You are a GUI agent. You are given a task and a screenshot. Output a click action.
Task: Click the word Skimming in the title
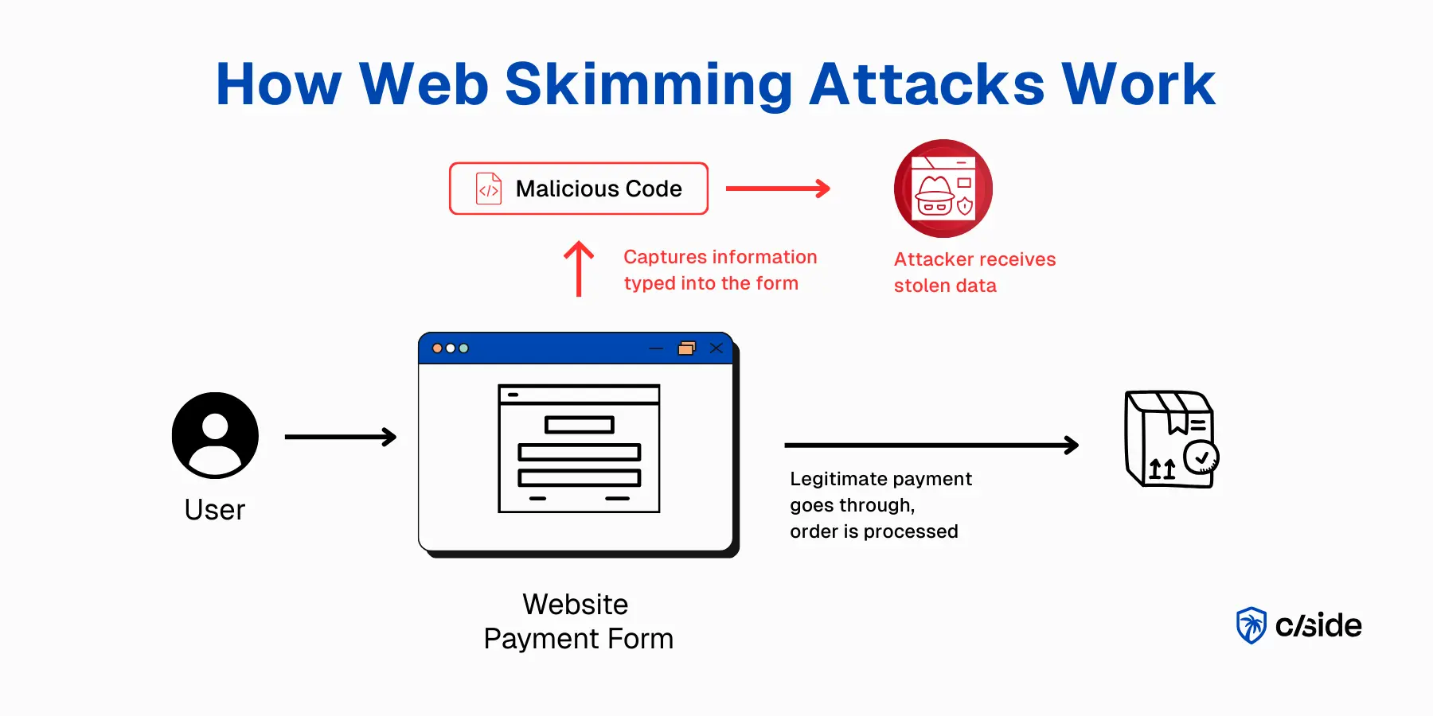click(648, 84)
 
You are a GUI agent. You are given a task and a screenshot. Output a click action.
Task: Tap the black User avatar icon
click(215, 435)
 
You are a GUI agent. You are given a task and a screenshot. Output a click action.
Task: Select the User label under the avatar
click(215, 510)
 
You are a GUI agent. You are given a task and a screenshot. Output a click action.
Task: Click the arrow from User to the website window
click(341, 437)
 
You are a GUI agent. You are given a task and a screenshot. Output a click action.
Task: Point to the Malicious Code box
click(579, 189)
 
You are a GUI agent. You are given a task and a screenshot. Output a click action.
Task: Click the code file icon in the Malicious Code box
click(489, 189)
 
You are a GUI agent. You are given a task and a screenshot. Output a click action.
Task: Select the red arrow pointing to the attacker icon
click(778, 189)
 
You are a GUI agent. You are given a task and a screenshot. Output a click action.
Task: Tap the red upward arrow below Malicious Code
click(579, 269)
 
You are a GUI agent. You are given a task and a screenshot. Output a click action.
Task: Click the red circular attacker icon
click(943, 189)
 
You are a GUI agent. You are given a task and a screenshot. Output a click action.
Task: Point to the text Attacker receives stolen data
click(974, 272)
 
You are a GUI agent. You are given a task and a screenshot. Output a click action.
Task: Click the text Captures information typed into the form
click(720, 270)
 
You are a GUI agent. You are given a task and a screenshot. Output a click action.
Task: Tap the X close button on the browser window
click(716, 348)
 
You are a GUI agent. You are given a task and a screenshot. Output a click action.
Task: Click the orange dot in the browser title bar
click(437, 348)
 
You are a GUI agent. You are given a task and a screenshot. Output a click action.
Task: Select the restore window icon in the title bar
click(686, 348)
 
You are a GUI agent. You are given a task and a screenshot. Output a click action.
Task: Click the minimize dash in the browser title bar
click(656, 348)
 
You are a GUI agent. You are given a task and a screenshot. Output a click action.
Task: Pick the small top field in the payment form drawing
click(580, 425)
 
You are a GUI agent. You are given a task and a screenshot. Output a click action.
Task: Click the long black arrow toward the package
click(931, 446)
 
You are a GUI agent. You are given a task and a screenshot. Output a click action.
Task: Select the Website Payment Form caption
click(578, 621)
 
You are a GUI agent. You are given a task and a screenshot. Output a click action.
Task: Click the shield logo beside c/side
click(1251, 625)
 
